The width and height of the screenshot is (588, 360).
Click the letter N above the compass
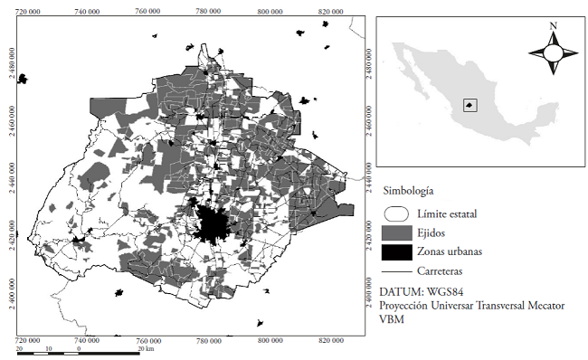pos(551,26)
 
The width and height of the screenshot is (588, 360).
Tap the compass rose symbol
pos(551,53)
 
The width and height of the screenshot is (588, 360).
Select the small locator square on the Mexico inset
pos(469,105)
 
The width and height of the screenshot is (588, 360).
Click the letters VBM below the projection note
pos(392,319)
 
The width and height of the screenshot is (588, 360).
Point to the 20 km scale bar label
pos(144,348)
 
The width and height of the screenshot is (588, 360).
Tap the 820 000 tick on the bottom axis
pos(327,341)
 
